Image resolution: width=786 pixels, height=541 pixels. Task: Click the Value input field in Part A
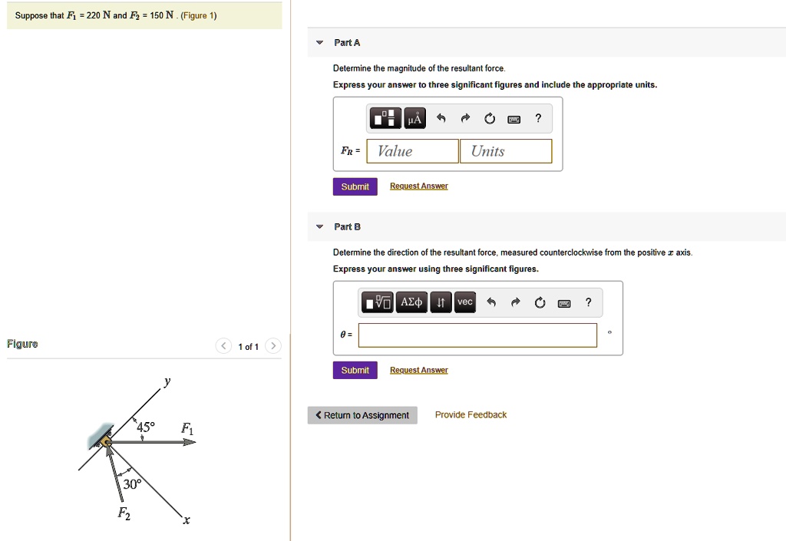point(413,151)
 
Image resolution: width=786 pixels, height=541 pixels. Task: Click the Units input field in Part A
point(506,151)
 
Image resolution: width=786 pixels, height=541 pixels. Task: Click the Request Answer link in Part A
point(418,186)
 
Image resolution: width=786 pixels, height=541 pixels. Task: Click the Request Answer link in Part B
point(418,370)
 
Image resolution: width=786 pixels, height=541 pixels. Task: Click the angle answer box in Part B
point(477,335)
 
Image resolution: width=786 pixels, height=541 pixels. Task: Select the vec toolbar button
point(464,302)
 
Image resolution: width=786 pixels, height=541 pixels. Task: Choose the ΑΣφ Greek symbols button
point(411,302)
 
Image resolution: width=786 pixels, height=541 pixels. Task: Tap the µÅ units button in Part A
point(414,118)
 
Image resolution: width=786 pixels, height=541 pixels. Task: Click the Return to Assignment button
point(362,415)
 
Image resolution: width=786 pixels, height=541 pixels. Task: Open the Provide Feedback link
point(471,415)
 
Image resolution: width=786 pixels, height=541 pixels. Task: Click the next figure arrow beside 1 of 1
point(273,347)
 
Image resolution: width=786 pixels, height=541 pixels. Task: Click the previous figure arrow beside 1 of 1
point(222,347)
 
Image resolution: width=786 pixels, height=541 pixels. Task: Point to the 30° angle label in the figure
point(132,484)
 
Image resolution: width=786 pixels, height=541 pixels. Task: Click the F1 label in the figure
point(187,430)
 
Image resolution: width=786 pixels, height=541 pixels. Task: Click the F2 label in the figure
point(124,514)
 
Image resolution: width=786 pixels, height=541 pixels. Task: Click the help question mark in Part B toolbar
point(588,302)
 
